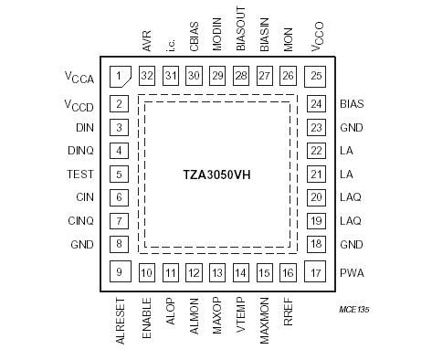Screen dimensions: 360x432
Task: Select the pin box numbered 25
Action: click(x=316, y=76)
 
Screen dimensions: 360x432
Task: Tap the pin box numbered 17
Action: click(x=316, y=271)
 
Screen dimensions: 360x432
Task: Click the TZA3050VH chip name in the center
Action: click(x=218, y=174)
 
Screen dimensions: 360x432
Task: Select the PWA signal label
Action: click(x=353, y=272)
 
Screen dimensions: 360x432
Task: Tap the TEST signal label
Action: click(x=80, y=174)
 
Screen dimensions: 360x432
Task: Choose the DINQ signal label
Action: click(x=80, y=151)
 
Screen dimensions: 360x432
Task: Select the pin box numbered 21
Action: click(x=316, y=174)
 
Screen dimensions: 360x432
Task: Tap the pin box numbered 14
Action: click(x=241, y=272)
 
